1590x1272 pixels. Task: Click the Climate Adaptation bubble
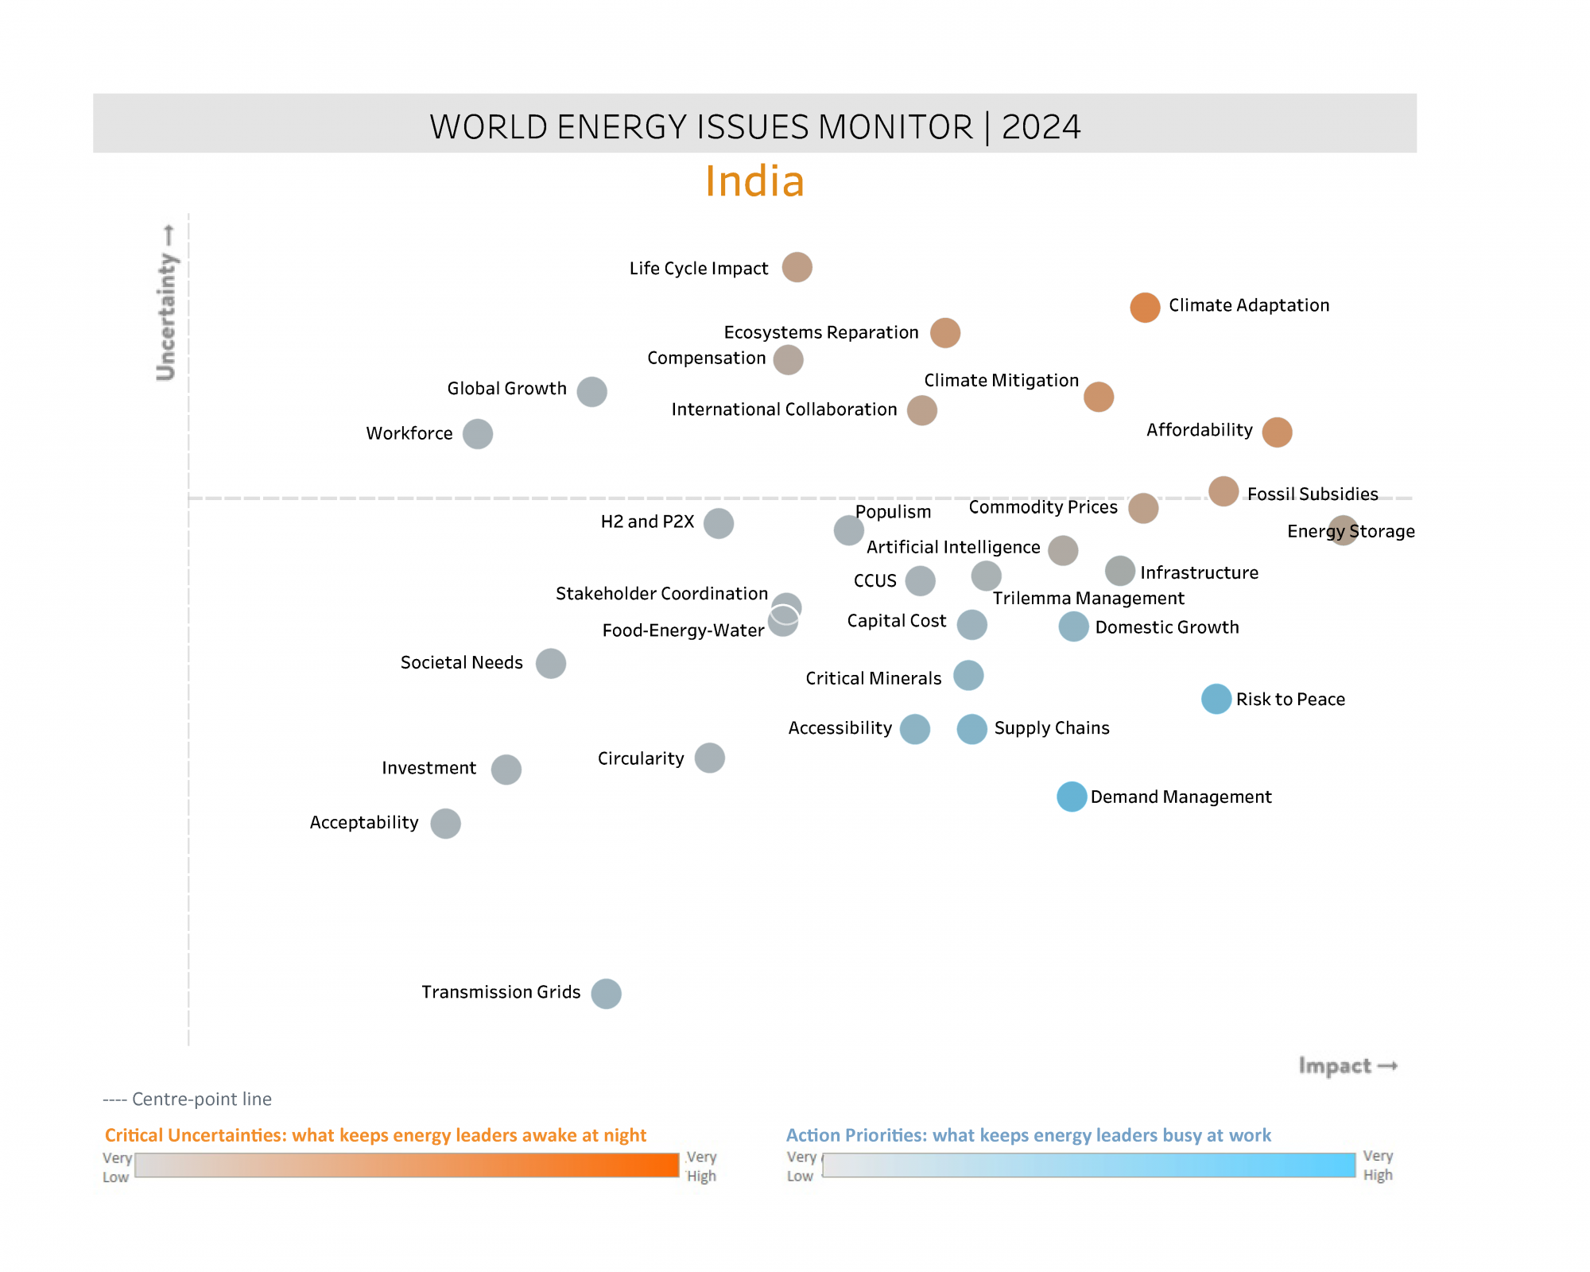(1145, 307)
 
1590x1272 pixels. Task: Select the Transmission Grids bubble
(606, 993)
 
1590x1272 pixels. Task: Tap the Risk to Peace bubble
(1216, 699)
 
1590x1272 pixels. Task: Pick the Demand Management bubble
(1072, 797)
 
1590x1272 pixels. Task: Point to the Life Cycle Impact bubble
(797, 267)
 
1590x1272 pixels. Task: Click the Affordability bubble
(1277, 432)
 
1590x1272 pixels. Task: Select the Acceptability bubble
(445, 823)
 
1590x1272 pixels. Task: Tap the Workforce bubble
(477, 434)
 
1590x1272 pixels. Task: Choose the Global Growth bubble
(591, 391)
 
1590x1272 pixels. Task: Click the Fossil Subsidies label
(1313, 494)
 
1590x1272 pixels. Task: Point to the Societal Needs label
(461, 662)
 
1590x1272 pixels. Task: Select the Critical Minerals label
(873, 678)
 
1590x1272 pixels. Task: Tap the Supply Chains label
(1051, 727)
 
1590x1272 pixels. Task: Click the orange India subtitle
(754, 181)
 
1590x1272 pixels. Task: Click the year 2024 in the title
(1041, 127)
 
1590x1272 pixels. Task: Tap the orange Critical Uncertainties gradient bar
(406, 1165)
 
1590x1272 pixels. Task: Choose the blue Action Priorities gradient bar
(1088, 1165)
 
